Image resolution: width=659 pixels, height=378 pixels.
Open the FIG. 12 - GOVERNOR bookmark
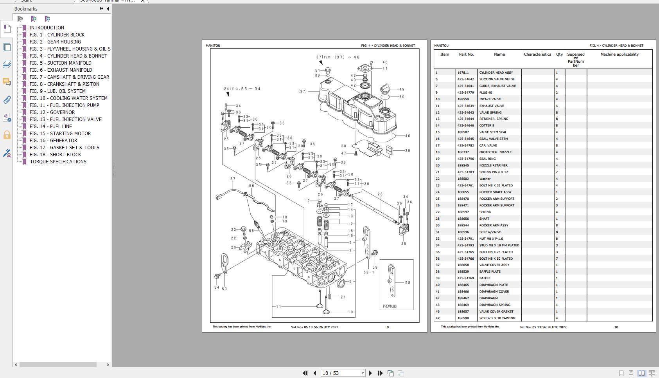(x=52, y=112)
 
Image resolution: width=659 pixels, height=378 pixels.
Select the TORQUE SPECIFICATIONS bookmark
(x=58, y=161)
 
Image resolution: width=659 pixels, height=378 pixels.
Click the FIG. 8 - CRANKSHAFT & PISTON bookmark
(x=65, y=84)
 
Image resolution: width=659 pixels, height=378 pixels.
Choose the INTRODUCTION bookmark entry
(x=47, y=27)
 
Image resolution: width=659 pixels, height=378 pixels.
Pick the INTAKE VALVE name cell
(x=490, y=99)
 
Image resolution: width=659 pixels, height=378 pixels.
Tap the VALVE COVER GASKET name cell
(x=496, y=311)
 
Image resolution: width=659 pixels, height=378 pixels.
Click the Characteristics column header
(x=537, y=54)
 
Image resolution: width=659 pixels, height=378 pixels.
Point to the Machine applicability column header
(x=619, y=54)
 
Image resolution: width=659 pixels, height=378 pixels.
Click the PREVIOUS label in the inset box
(x=390, y=306)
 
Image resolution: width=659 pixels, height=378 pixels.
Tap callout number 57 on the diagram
(x=233, y=179)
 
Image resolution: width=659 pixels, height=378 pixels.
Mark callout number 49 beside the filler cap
(x=402, y=89)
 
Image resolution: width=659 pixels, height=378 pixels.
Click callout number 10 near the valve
(x=350, y=312)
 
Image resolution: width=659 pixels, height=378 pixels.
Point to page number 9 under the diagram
(x=388, y=327)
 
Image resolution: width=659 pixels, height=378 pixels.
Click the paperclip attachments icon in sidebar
(x=7, y=100)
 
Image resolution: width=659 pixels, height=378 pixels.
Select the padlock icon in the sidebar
(x=7, y=135)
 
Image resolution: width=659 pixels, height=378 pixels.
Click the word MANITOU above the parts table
(x=441, y=45)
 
